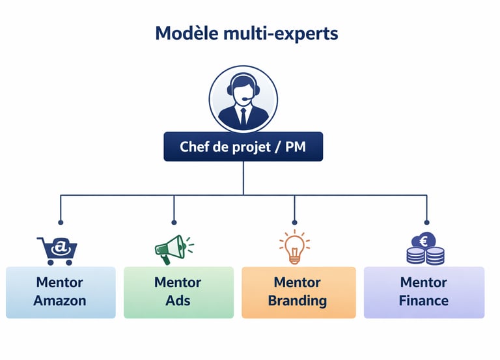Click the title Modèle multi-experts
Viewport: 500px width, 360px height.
pyautogui.click(x=247, y=33)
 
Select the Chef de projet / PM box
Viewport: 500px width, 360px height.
pyautogui.click(x=243, y=147)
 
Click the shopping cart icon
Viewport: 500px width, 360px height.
pyautogui.click(x=57, y=250)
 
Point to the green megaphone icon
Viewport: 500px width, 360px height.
pyautogui.click(x=173, y=249)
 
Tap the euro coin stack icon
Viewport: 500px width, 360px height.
pyautogui.click(x=425, y=249)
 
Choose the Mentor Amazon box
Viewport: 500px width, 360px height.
pyautogui.click(x=61, y=292)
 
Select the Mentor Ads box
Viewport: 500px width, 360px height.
pyautogui.click(x=178, y=292)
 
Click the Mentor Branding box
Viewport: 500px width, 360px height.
pyautogui.click(x=298, y=292)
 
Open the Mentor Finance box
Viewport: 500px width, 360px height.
pyautogui.click(x=424, y=292)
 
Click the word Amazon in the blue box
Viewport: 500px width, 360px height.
pyautogui.click(x=60, y=301)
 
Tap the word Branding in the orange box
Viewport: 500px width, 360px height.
pyautogui.click(x=298, y=301)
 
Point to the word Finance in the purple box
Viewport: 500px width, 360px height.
pyautogui.click(x=424, y=301)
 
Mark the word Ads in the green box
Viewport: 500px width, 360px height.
pyautogui.click(x=178, y=301)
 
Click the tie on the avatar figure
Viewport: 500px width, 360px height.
pyautogui.click(x=243, y=117)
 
